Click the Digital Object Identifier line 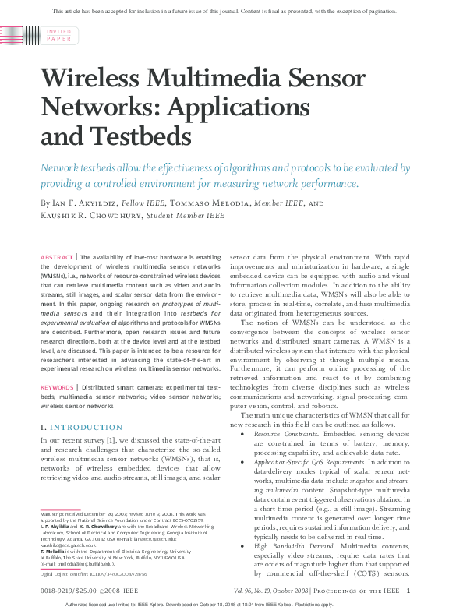[x=90, y=573]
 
